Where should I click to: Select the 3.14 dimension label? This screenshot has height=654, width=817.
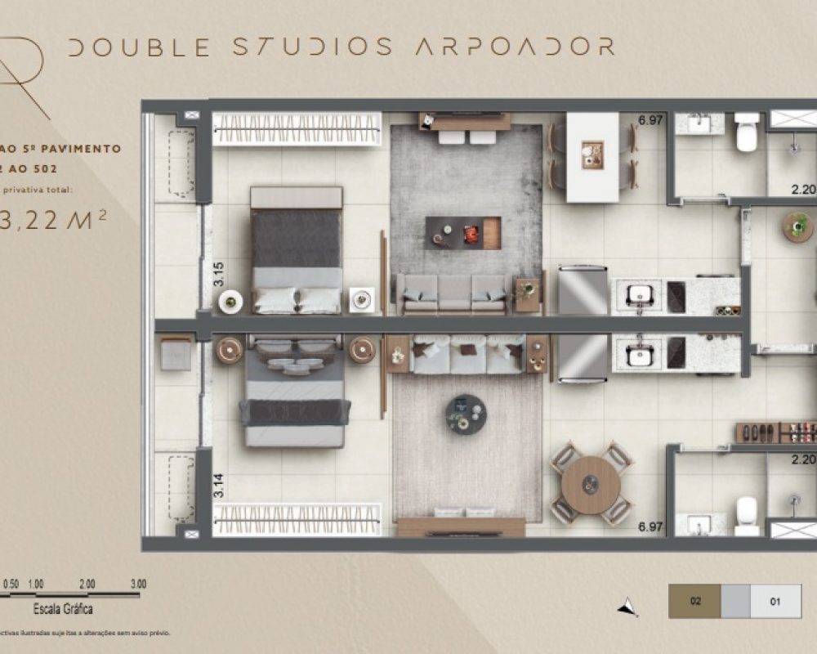point(217,487)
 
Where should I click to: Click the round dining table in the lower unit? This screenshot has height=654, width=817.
point(591,484)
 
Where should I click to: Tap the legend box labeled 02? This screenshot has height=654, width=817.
point(694,602)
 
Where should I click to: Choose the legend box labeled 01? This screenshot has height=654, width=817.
point(775,602)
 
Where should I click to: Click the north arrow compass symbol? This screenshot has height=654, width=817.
point(627,606)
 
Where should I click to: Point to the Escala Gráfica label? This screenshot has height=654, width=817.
point(62,609)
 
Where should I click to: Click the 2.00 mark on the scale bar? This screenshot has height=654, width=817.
point(87,585)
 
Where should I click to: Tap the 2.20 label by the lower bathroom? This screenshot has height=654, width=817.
point(804,459)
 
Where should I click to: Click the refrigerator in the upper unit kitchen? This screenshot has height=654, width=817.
point(583,289)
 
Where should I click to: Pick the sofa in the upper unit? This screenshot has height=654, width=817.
point(453,293)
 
